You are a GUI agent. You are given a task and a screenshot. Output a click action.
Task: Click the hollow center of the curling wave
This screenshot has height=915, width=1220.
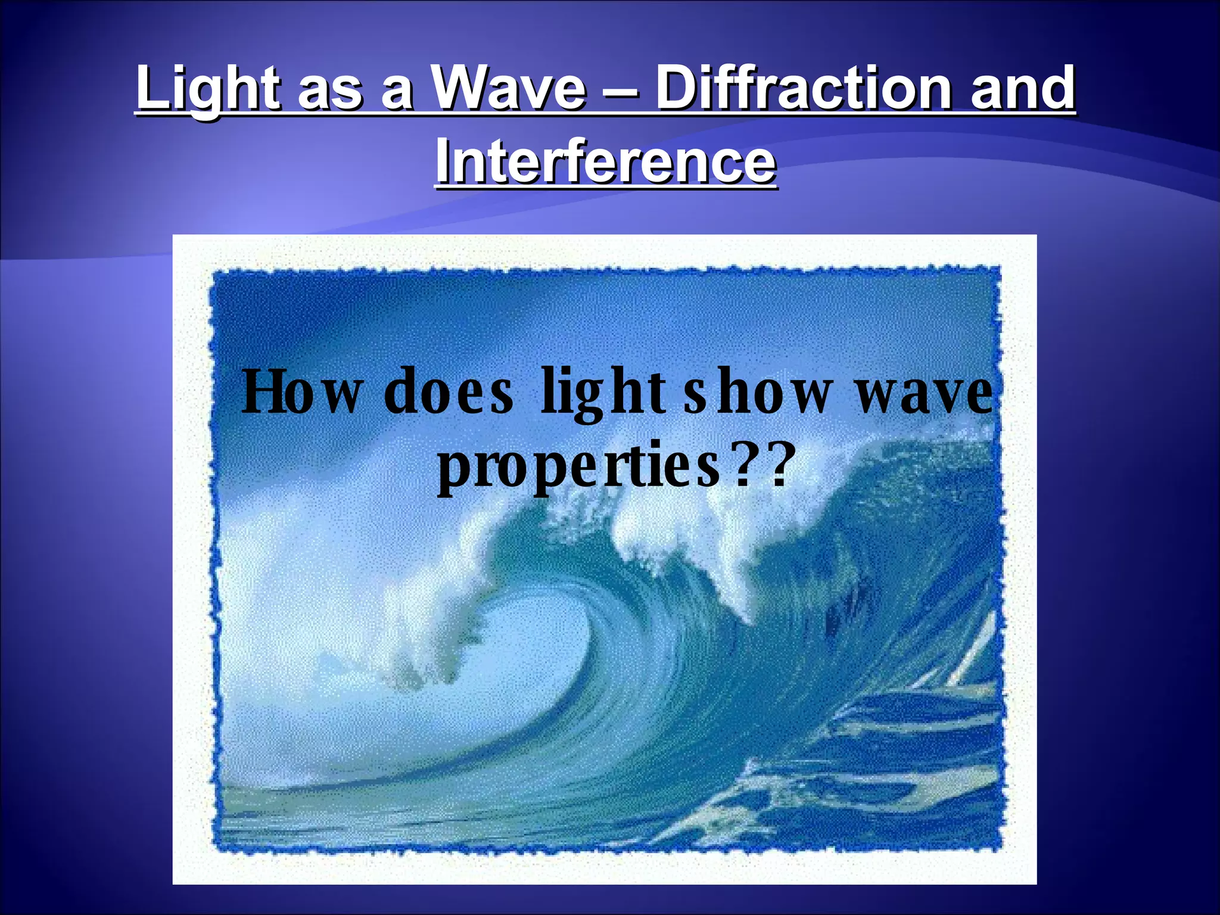click(x=518, y=679)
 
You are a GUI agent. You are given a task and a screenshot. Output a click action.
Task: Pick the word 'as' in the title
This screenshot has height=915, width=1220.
click(x=330, y=92)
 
